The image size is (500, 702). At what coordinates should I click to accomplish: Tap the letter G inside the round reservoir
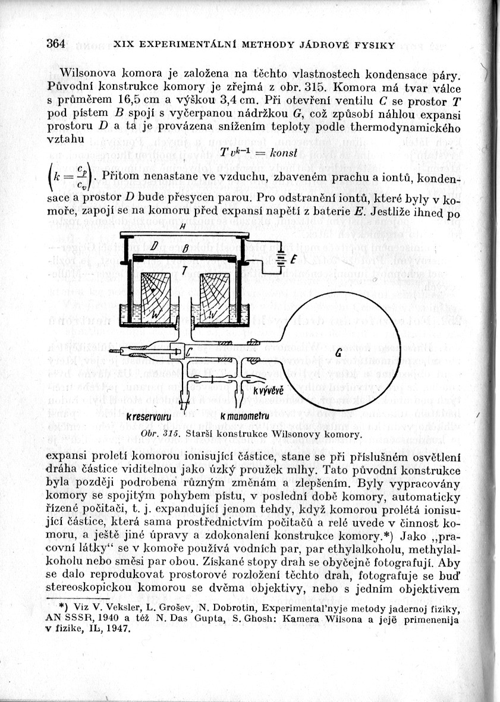(338, 353)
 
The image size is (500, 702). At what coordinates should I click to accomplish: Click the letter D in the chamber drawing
(154, 246)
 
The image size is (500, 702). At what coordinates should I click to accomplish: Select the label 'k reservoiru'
(148, 416)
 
